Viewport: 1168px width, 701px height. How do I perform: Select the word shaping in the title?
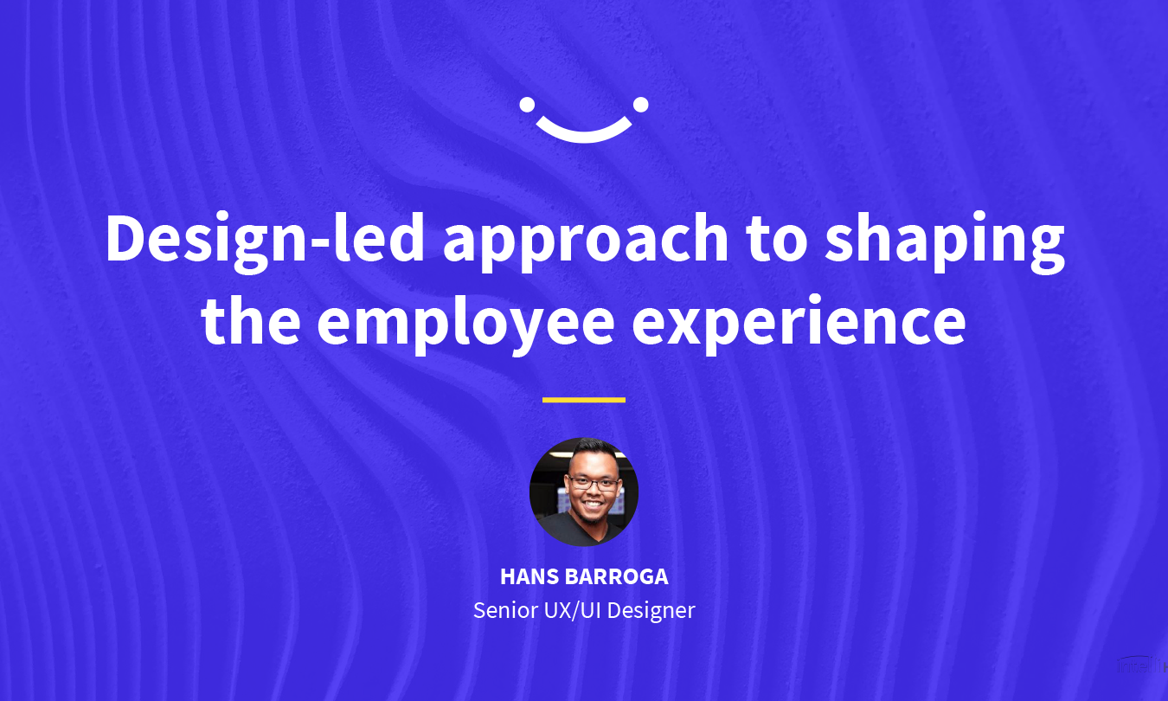pyautogui.click(x=945, y=242)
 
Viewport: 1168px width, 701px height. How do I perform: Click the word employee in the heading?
pyautogui.click(x=465, y=325)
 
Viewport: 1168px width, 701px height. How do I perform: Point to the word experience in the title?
pyautogui.click(x=799, y=325)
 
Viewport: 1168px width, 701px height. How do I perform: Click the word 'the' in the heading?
pyautogui.click(x=250, y=319)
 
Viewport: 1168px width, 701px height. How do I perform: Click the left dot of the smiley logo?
pyautogui.click(x=527, y=105)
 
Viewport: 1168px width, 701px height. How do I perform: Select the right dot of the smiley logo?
pyautogui.click(x=641, y=105)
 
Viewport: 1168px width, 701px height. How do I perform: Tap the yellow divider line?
pyautogui.click(x=584, y=400)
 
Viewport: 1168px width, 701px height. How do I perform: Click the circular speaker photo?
pyautogui.click(x=584, y=492)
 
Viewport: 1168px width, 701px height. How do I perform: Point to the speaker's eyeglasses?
pyautogui.click(x=594, y=483)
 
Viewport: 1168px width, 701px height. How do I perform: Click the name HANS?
pyautogui.click(x=529, y=577)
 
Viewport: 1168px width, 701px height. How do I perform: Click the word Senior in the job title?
pyautogui.click(x=505, y=610)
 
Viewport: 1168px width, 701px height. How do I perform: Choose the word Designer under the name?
pyautogui.click(x=651, y=611)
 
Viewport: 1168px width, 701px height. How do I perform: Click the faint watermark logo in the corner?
pyautogui.click(x=1142, y=665)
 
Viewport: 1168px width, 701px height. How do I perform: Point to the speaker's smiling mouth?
pyautogui.click(x=593, y=505)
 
